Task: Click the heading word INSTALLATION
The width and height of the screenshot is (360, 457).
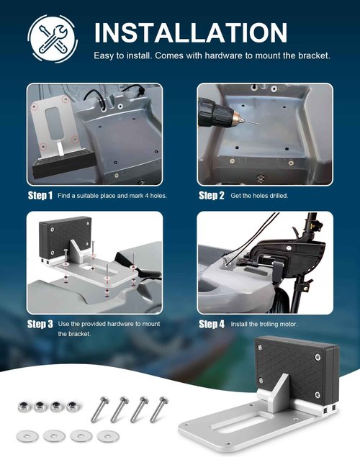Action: point(191,32)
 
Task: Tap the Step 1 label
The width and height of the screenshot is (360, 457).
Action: point(40,196)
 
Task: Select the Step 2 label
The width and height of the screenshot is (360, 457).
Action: point(211,196)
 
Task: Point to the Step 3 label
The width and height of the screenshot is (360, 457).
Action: point(40,324)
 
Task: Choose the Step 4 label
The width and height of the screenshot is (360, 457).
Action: point(212,324)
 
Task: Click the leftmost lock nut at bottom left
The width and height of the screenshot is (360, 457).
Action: point(24,407)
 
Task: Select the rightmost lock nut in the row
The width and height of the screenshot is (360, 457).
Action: point(71,407)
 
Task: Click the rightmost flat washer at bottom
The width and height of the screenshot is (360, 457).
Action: point(107,435)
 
